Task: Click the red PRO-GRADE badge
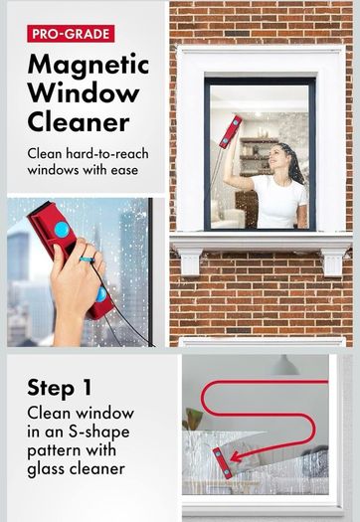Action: click(71, 34)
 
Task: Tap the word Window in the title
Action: click(84, 93)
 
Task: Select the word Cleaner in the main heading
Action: click(79, 122)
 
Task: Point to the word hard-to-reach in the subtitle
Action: click(107, 153)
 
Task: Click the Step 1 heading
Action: click(60, 388)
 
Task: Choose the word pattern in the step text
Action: click(54, 450)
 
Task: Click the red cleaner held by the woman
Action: click(231, 132)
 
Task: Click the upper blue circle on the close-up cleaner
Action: click(62, 230)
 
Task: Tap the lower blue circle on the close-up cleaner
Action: click(101, 294)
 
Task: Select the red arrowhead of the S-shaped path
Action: click(237, 456)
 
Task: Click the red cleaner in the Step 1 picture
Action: click(223, 463)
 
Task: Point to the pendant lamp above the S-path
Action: click(284, 365)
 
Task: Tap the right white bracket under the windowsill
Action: click(333, 262)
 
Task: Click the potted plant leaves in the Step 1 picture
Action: click(193, 419)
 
